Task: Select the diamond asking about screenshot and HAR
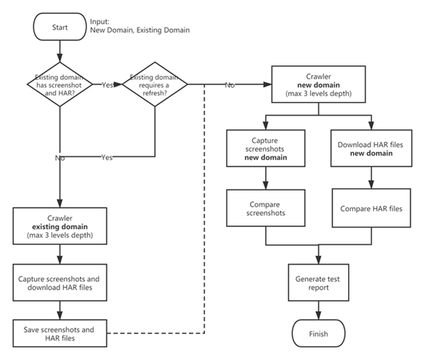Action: [x=58, y=85]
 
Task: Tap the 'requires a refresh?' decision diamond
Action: [x=155, y=85]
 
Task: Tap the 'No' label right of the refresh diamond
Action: [x=229, y=84]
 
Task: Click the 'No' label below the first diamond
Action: [x=60, y=156]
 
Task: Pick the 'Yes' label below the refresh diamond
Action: [x=106, y=156]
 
